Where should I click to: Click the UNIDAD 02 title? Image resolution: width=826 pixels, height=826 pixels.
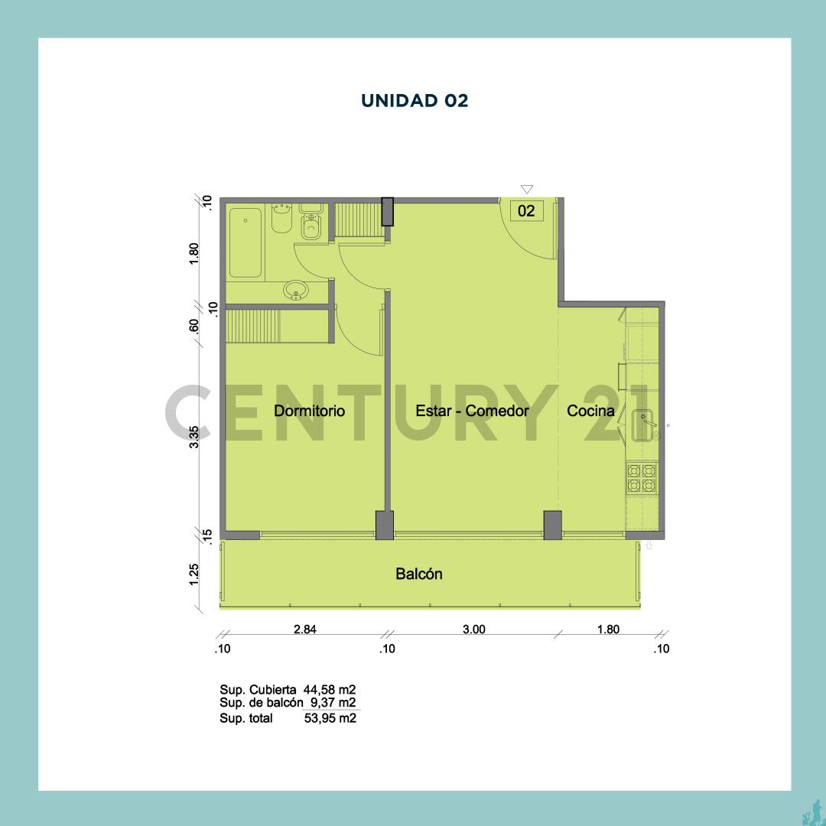(x=414, y=100)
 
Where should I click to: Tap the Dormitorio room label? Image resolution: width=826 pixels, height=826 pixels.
(x=309, y=411)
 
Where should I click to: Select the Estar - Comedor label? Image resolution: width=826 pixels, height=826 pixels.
(x=472, y=411)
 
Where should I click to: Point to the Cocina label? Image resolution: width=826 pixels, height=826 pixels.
(x=590, y=411)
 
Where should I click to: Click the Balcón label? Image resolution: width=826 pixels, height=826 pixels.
(x=418, y=574)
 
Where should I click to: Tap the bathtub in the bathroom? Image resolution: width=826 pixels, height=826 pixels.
(x=246, y=242)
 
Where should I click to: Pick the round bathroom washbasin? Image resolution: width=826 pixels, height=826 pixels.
(x=295, y=291)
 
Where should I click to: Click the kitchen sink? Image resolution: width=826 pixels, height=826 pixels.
(x=644, y=425)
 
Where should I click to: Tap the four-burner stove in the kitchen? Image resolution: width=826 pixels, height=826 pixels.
(x=642, y=477)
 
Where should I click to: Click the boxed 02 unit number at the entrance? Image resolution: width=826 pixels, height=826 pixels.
(x=526, y=211)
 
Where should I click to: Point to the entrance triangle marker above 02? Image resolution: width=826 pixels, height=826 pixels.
(x=526, y=189)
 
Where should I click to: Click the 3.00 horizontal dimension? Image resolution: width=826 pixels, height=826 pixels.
(x=473, y=629)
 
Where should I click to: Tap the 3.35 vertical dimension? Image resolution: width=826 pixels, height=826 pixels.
(x=194, y=437)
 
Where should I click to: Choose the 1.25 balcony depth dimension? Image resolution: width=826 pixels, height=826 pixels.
(x=194, y=573)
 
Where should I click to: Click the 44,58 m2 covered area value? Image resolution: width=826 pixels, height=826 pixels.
(x=330, y=688)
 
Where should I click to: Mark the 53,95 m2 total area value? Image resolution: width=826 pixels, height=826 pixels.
(x=330, y=718)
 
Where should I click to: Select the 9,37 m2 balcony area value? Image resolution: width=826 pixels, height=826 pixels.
(x=333, y=703)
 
